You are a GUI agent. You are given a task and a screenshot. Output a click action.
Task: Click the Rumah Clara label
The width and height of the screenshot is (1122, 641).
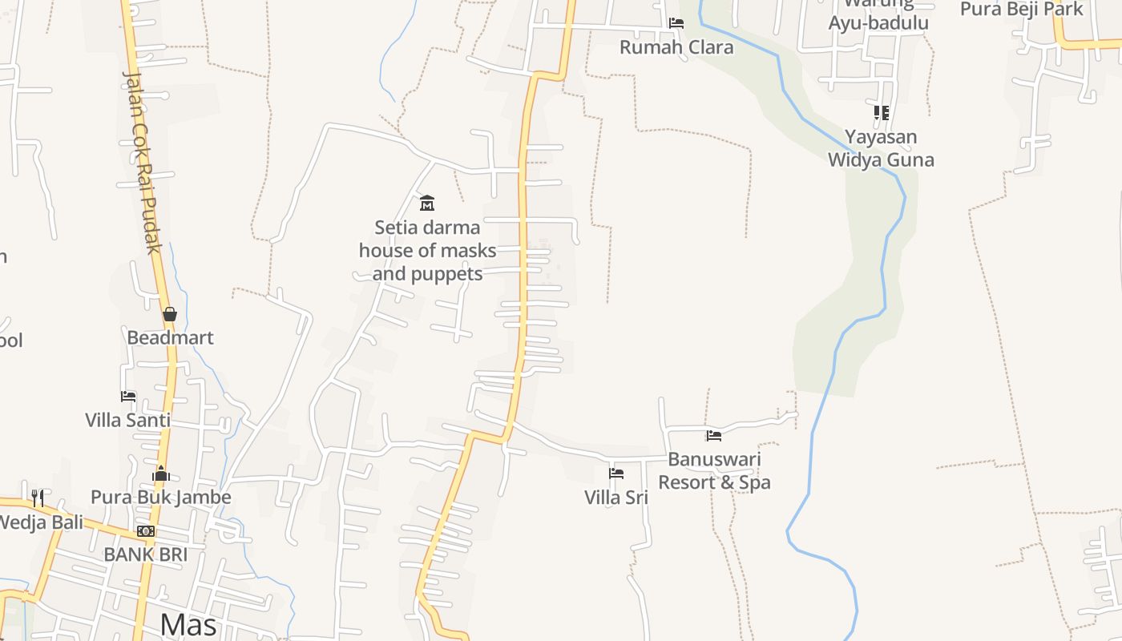click(x=676, y=47)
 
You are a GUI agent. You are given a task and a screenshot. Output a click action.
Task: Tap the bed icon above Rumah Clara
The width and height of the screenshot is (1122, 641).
click(x=676, y=23)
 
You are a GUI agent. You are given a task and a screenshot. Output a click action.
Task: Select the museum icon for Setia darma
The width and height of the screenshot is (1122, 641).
click(x=427, y=203)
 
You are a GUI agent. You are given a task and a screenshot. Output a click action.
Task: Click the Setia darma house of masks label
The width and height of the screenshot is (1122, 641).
click(x=427, y=250)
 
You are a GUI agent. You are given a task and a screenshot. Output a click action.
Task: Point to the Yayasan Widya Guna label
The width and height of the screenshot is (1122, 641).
click(x=881, y=148)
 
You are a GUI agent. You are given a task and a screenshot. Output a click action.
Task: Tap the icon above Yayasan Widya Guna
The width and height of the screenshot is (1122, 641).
click(x=882, y=113)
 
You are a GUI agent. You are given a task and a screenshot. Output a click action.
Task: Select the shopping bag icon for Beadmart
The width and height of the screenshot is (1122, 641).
click(x=170, y=314)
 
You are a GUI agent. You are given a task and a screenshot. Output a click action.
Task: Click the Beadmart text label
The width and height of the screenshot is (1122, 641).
click(x=170, y=337)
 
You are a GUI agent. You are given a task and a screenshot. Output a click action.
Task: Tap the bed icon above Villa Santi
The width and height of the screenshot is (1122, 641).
click(x=128, y=396)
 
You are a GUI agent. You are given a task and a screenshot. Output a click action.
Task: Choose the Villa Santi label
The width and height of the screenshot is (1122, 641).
click(x=128, y=420)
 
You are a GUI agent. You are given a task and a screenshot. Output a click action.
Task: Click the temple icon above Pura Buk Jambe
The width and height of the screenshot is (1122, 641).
click(x=161, y=474)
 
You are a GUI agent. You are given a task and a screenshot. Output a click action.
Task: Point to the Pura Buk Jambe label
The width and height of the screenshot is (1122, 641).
click(x=160, y=497)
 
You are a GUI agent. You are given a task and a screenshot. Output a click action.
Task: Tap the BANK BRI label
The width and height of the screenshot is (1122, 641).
click(x=145, y=554)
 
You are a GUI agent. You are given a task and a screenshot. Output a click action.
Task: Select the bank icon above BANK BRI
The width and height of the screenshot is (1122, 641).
click(x=145, y=531)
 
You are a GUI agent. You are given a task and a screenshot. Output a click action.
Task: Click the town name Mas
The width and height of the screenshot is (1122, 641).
click(x=188, y=623)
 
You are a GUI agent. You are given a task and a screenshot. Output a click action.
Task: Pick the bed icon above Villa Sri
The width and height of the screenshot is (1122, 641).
click(x=616, y=474)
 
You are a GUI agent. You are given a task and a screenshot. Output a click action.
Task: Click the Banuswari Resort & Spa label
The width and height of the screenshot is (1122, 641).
click(x=714, y=470)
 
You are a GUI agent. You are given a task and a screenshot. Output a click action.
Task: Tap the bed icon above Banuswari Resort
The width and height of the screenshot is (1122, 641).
click(x=714, y=436)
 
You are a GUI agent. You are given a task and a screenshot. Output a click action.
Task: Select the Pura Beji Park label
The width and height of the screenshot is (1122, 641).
click(x=1021, y=10)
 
